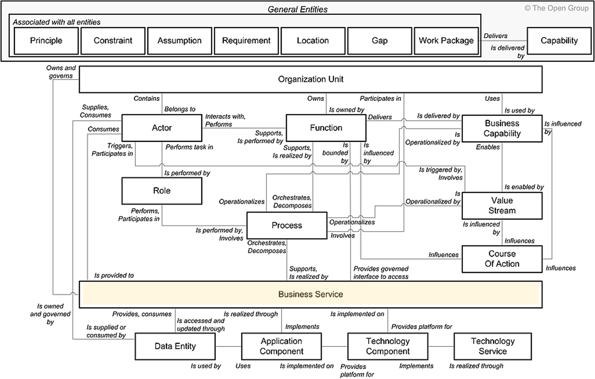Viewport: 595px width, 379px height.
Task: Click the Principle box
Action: click(46, 40)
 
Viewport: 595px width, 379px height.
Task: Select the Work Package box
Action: click(446, 40)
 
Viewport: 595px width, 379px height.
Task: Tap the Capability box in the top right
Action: click(559, 40)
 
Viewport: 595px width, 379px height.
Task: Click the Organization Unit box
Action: click(311, 79)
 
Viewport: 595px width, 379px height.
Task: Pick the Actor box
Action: click(162, 128)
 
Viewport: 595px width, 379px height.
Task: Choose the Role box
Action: click(162, 191)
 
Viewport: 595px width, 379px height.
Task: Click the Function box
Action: click(326, 128)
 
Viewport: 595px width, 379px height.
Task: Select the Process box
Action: click(287, 226)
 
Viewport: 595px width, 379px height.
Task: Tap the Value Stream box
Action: click(502, 206)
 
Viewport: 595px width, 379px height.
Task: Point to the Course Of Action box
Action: click(502, 259)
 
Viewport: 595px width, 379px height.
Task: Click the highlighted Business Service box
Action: click(311, 294)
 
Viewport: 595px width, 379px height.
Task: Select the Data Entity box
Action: click(175, 346)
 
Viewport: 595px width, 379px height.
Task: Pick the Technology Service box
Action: click(493, 346)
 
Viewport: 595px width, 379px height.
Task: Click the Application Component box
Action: click(282, 346)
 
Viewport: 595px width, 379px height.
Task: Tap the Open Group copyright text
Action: click(556, 8)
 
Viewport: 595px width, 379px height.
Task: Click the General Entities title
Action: click(297, 9)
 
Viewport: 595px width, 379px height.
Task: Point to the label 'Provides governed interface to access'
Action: click(381, 273)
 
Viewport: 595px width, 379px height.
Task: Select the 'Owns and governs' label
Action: click(61, 72)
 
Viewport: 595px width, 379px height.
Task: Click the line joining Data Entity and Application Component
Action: click(228, 346)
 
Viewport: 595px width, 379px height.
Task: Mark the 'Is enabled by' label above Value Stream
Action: click(524, 187)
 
